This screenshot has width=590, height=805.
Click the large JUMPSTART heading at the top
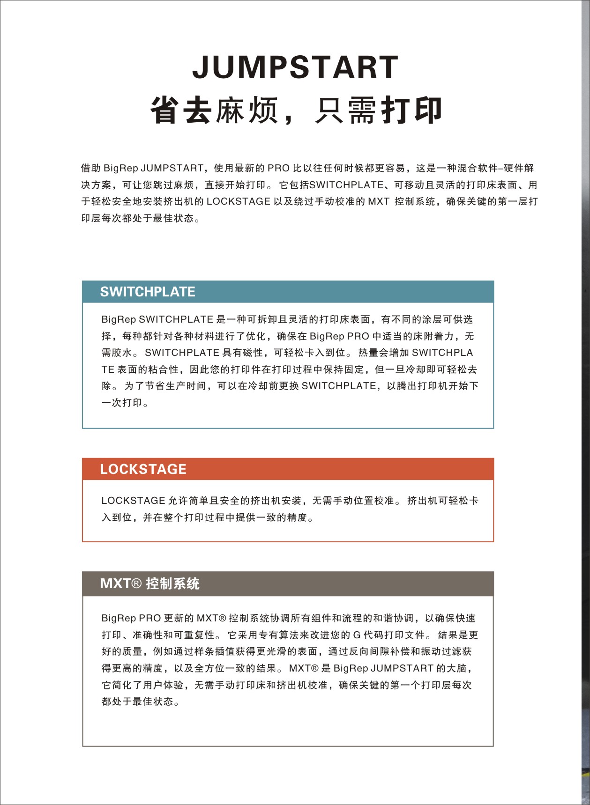(295, 67)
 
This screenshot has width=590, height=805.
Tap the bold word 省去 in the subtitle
(181, 111)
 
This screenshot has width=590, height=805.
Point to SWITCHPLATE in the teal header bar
(148, 292)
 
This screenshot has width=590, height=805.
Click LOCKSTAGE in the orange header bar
(143, 469)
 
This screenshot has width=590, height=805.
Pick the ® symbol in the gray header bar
(136, 583)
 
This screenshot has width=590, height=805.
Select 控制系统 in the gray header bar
(173, 583)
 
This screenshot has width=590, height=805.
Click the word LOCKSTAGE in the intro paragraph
(238, 201)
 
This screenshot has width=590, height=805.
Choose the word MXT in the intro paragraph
(379, 201)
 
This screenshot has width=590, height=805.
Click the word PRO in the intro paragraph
(278, 168)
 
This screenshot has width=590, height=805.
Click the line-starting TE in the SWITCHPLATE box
(108, 369)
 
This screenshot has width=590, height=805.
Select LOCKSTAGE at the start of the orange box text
(133, 501)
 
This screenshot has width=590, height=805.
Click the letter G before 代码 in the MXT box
(357, 635)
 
